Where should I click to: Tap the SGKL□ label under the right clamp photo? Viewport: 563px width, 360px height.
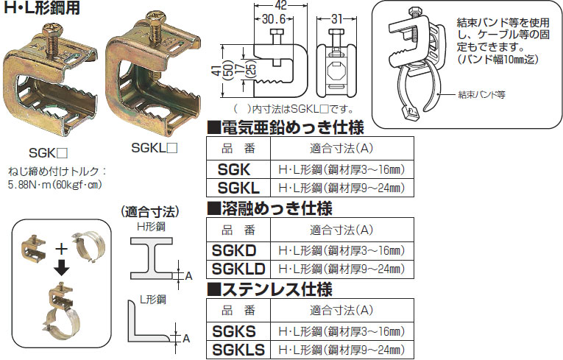(155, 147)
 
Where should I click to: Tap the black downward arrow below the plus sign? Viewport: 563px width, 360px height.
(63, 267)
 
